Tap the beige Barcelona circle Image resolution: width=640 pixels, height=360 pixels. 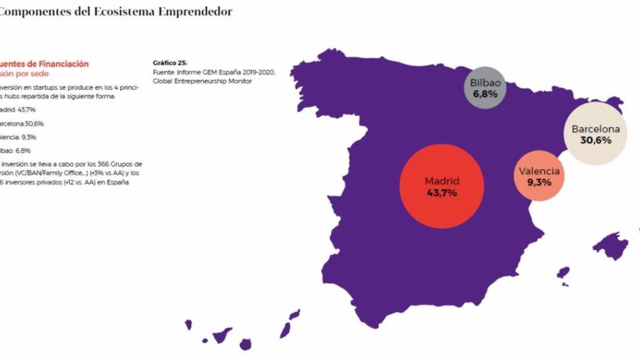pyautogui.click(x=596, y=135)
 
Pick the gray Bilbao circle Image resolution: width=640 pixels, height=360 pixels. pyautogui.click(x=485, y=88)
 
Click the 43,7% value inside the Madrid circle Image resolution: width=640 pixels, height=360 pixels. pyautogui.click(x=442, y=193)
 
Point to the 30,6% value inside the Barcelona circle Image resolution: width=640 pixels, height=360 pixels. pyautogui.click(x=596, y=141)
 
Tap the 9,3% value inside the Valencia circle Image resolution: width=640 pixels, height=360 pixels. pyautogui.click(x=539, y=183)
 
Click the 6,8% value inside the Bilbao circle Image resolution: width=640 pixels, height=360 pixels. pyautogui.click(x=485, y=94)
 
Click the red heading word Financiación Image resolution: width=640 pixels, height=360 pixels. pyautogui.click(x=64, y=64)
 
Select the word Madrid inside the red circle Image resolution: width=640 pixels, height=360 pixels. pyautogui.click(x=442, y=181)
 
